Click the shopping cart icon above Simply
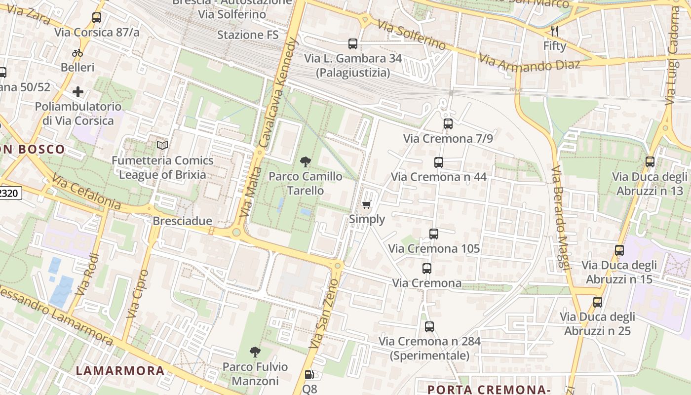[366, 205]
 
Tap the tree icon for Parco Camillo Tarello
[306, 161]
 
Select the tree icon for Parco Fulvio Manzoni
[255, 352]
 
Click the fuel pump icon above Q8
[309, 375]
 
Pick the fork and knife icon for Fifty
[555, 31]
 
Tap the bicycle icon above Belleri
[77, 53]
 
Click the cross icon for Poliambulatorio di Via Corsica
[78, 92]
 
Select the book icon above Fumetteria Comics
[162, 145]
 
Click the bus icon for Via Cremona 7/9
[448, 124]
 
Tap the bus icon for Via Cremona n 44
[438, 162]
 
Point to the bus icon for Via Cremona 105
[433, 234]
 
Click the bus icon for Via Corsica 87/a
[97, 18]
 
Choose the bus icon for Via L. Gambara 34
[353, 44]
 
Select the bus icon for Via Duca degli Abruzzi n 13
[650, 162]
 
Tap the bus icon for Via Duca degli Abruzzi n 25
[598, 302]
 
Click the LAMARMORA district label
[120, 371]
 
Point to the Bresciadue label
[182, 221]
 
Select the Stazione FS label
[248, 35]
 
